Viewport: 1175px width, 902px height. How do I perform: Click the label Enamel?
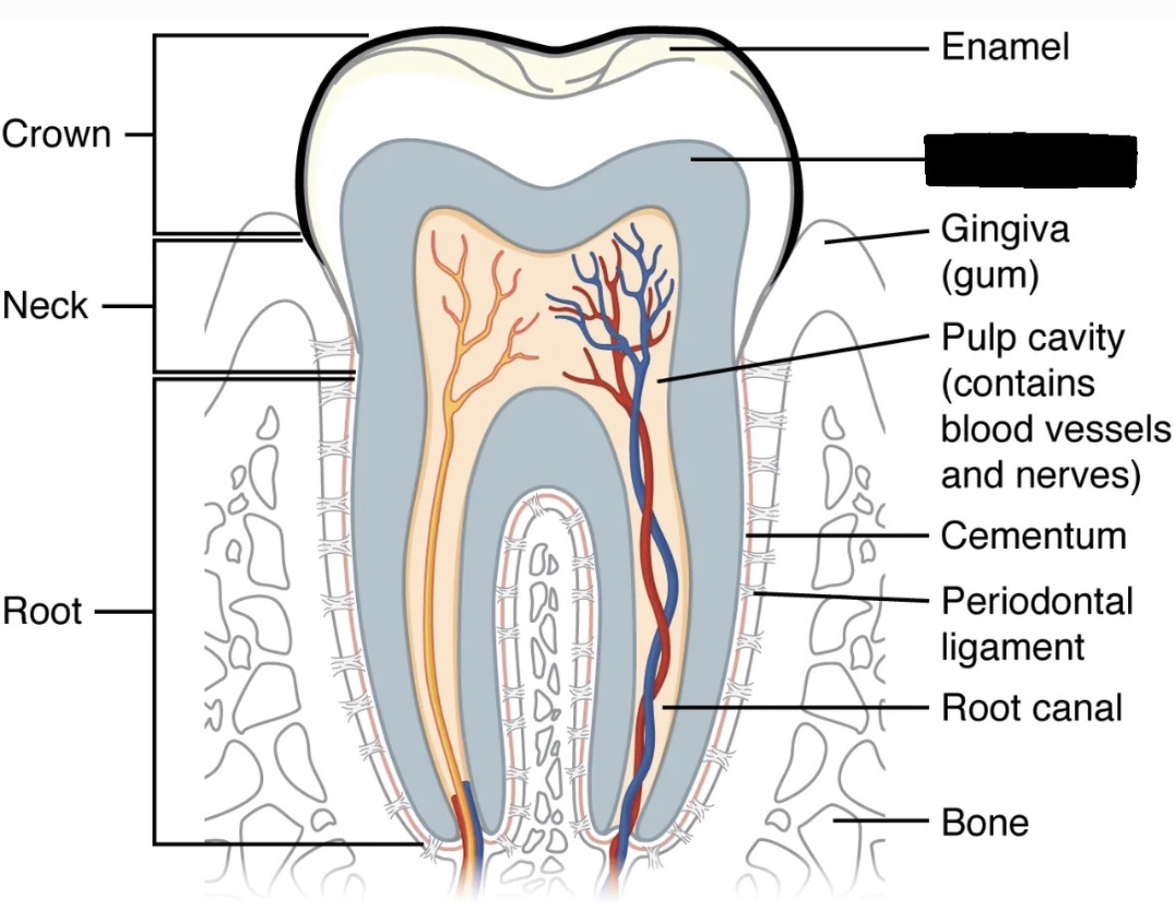[1005, 47]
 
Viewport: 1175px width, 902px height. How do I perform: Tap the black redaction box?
[1030, 161]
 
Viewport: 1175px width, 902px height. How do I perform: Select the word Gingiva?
[1005, 230]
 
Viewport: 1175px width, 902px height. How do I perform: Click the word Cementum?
[1033, 536]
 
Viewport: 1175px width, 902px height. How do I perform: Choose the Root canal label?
[1031, 708]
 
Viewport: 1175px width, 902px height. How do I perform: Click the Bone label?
[985, 822]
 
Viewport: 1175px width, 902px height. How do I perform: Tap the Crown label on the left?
[57, 134]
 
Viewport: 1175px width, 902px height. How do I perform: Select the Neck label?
[46, 306]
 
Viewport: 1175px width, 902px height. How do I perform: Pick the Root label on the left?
[42, 611]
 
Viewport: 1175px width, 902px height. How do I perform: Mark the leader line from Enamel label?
[797, 47]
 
